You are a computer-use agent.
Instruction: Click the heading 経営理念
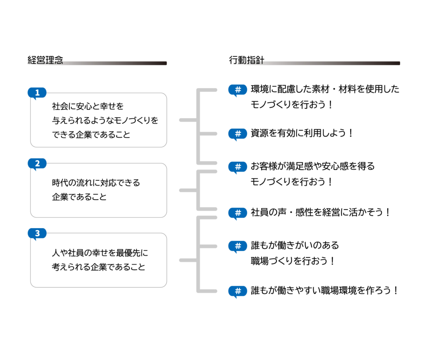click(x=45, y=60)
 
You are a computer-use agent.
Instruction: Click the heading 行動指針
click(x=246, y=60)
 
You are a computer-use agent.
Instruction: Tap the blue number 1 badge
click(x=37, y=93)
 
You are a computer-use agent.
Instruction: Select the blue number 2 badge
click(x=37, y=163)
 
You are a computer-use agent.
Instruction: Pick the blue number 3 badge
click(x=37, y=233)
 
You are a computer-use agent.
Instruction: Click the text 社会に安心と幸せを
click(x=88, y=106)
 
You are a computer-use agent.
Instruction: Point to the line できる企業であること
click(x=91, y=134)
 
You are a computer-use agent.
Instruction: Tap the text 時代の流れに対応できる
click(x=96, y=183)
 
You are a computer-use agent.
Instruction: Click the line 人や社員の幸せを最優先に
click(x=100, y=253)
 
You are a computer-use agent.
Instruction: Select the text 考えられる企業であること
click(x=98, y=267)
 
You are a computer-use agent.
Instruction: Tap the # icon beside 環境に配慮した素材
click(x=238, y=90)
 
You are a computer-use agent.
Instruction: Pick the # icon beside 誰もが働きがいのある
click(x=238, y=246)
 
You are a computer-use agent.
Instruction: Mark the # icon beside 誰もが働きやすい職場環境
click(x=238, y=291)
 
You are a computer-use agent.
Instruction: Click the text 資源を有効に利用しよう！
click(x=302, y=133)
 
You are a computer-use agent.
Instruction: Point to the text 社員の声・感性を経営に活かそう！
click(x=320, y=212)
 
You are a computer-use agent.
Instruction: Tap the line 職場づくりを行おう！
click(x=292, y=261)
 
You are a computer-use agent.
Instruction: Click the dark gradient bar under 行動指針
click(x=332, y=63)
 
